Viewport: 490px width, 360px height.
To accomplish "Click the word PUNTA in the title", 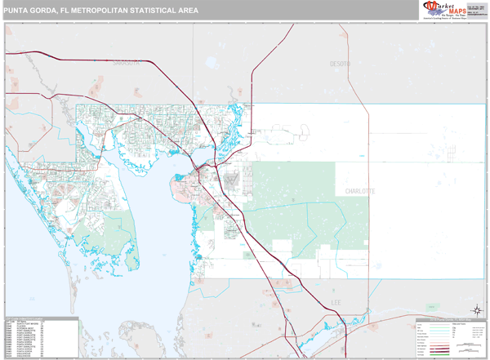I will click(17, 9).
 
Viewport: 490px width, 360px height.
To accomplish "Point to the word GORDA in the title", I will click(47, 9).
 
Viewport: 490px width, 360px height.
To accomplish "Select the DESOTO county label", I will click(340, 64).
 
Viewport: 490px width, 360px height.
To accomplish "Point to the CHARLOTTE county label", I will click(359, 190).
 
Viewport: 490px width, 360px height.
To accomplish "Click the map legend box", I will click(450, 337).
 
